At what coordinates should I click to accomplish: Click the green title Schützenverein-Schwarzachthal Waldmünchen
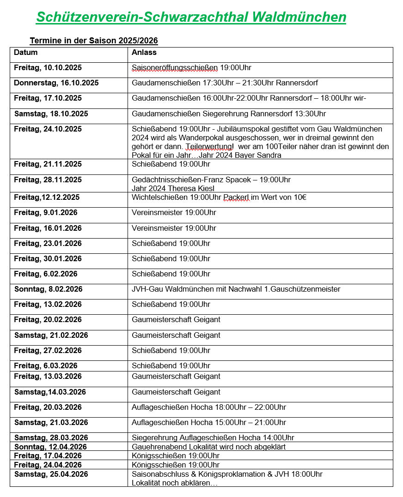(191, 17)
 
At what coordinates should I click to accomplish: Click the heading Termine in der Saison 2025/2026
(94, 41)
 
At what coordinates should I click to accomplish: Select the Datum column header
(26, 53)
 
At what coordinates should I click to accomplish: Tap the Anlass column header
(144, 53)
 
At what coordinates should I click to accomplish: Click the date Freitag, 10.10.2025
(48, 68)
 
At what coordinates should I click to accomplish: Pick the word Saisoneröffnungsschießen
(175, 68)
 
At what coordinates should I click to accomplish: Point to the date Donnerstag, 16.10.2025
(56, 83)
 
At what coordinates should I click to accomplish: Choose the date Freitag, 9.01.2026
(46, 213)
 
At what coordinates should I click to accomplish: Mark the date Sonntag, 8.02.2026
(49, 289)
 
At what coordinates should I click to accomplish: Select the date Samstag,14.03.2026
(50, 392)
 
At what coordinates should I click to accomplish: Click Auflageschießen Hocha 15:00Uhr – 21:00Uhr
(209, 423)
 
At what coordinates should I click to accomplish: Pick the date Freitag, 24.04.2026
(48, 465)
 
